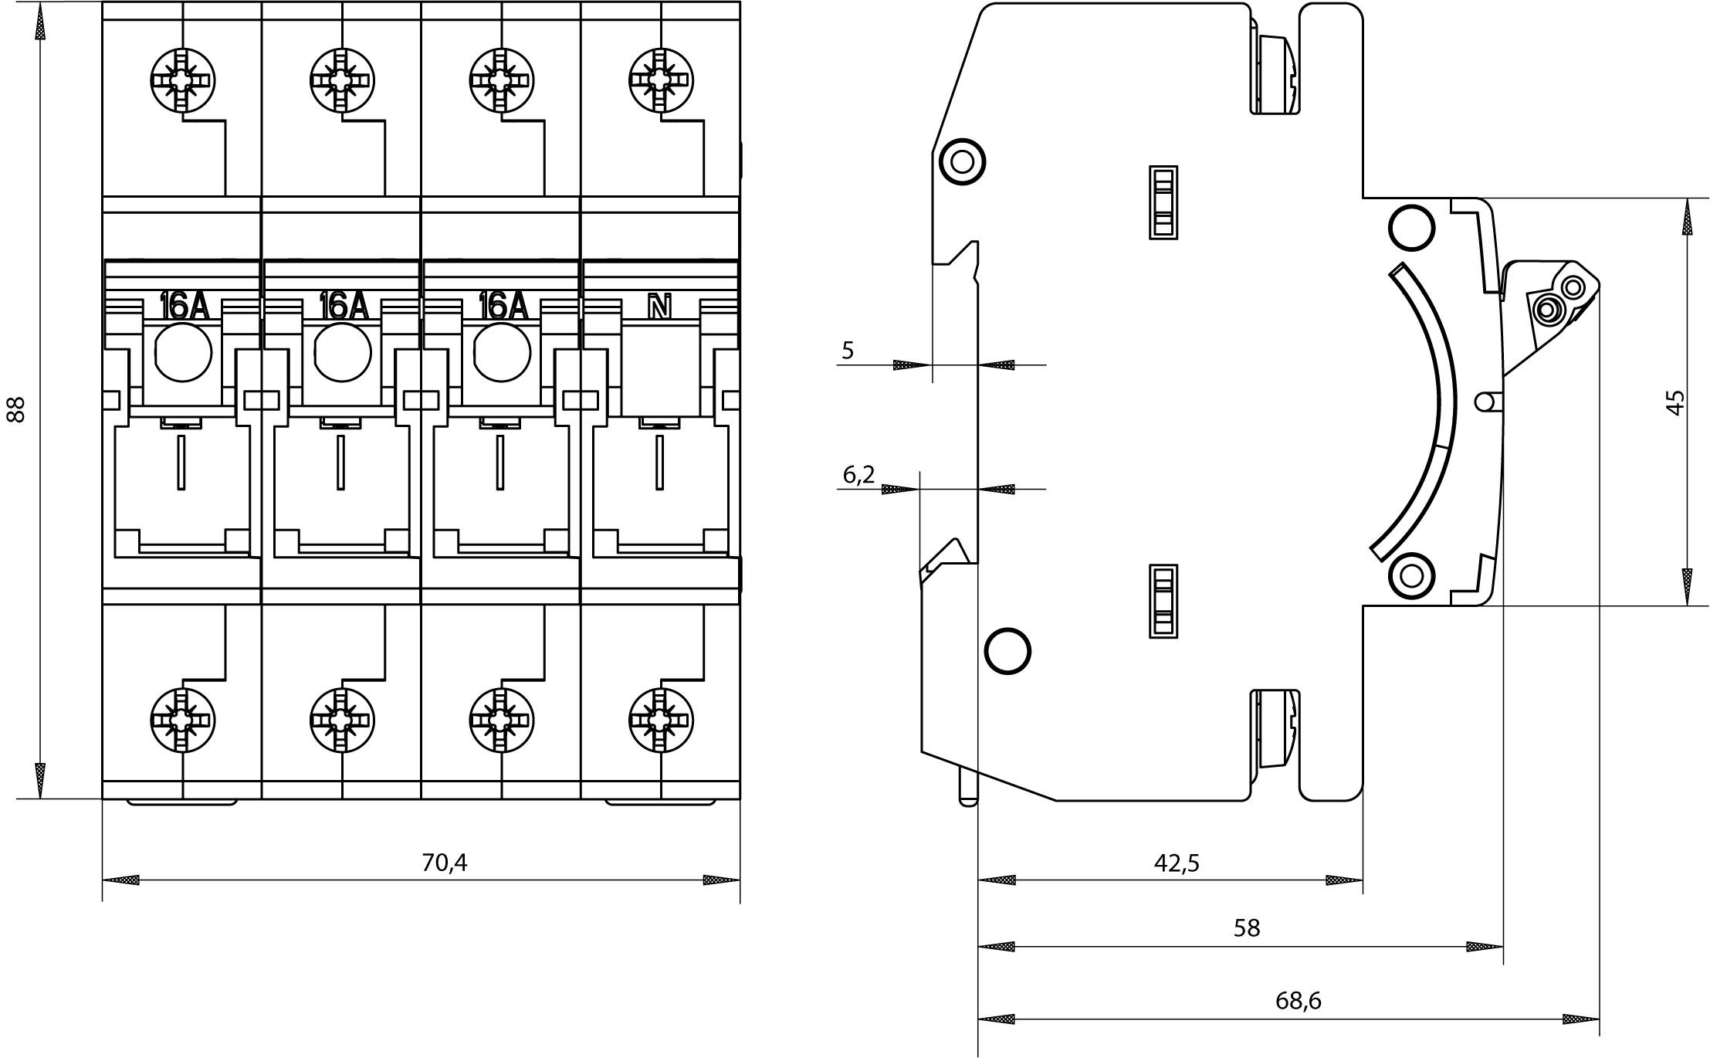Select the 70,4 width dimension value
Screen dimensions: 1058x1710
coord(444,863)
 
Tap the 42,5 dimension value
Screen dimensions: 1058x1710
coord(1176,863)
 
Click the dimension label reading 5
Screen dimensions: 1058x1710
coord(848,351)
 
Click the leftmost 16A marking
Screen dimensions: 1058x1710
coord(183,307)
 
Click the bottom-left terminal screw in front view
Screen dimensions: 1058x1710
coord(183,721)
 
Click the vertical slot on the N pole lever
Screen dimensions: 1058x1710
coord(659,462)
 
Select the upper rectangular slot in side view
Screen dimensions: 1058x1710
coord(1163,202)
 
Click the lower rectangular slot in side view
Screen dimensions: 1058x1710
coord(1163,601)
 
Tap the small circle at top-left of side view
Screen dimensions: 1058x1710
coord(962,161)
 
